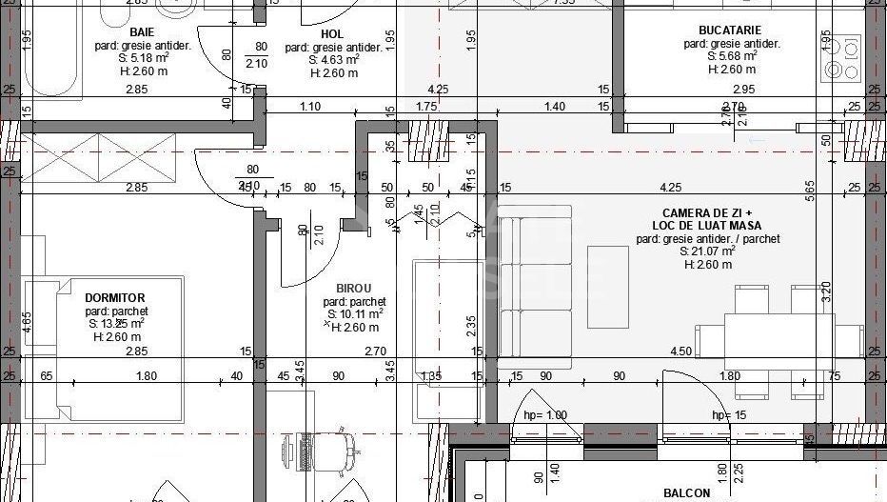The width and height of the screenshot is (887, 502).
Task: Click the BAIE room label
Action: pos(142,31)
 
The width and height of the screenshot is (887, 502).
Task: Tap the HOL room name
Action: pos(331,33)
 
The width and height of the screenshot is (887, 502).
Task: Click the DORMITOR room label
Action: pos(115,298)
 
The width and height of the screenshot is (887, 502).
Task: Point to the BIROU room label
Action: pos(354,288)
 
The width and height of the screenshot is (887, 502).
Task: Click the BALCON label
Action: pos(686,492)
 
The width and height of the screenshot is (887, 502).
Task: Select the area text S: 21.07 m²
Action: pos(707,251)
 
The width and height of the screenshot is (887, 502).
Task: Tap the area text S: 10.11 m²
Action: pos(355,313)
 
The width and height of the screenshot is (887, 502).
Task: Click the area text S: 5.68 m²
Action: pos(731,56)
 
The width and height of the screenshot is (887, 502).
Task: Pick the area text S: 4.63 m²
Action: pos(333,59)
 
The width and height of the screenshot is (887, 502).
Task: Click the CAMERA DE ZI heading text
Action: pos(708,213)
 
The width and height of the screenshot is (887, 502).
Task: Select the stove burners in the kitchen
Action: pos(842,57)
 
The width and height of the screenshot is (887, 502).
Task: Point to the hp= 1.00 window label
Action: pos(545,415)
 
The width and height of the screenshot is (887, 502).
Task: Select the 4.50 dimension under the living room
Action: pos(680,351)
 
